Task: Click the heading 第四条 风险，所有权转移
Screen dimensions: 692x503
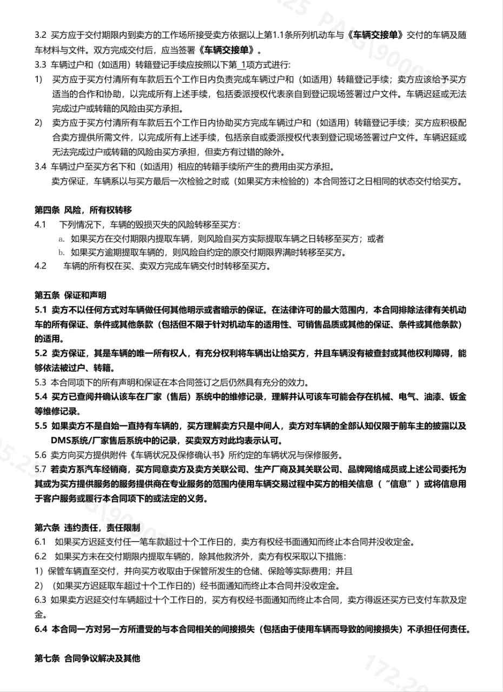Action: pyautogui.click(x=83, y=209)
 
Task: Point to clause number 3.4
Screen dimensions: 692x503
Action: pyautogui.click(x=41, y=166)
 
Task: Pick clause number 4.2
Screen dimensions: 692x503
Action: pyautogui.click(x=41, y=266)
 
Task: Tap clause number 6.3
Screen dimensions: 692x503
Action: pyautogui.click(x=41, y=600)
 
